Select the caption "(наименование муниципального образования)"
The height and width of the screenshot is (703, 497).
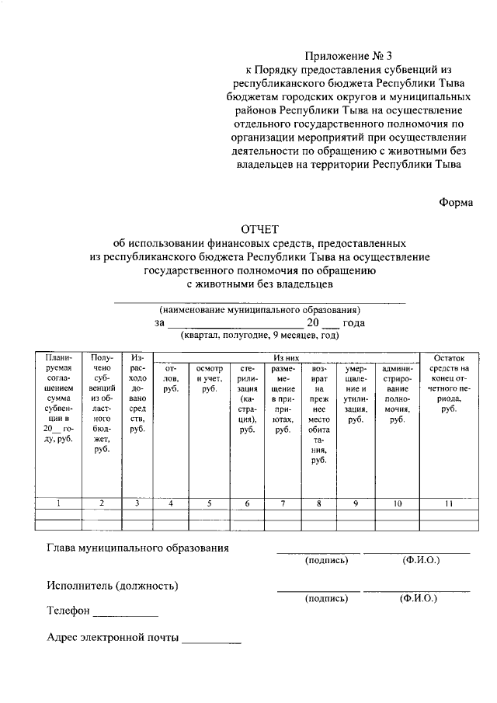tap(259, 308)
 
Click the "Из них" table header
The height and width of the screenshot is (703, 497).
tap(286, 357)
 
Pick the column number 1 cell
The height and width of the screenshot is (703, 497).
tap(59, 504)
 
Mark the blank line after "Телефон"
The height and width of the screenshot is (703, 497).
tap(125, 613)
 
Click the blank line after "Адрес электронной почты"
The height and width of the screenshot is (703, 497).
tap(211, 642)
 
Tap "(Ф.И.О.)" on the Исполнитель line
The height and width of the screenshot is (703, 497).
tap(418, 599)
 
